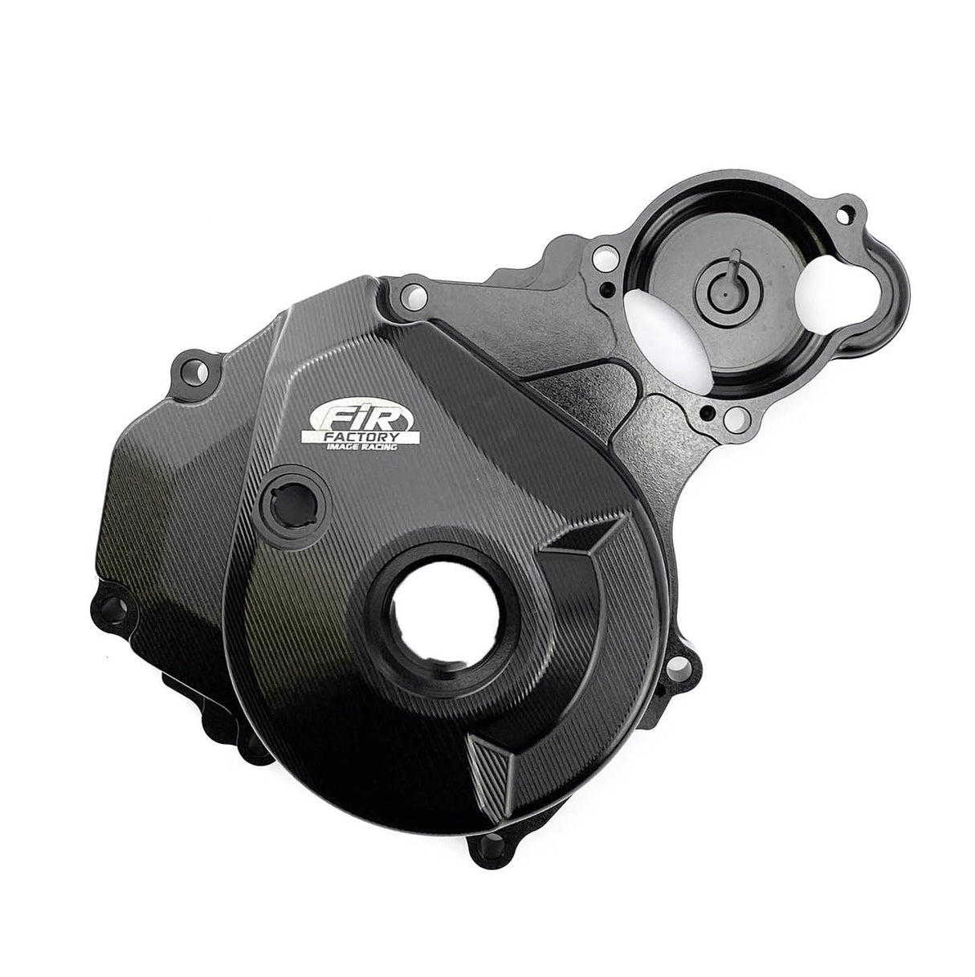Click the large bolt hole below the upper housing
tap(735, 418)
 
